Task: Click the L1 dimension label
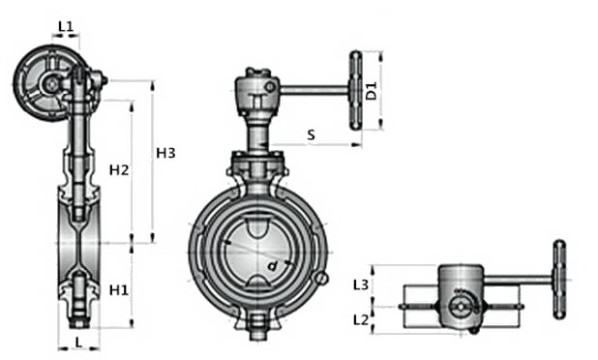tap(65, 27)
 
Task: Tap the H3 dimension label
tap(165, 153)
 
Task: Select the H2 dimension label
tap(119, 170)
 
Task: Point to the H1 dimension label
tap(119, 290)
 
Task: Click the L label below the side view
tap(78, 342)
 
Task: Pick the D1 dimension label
tap(371, 90)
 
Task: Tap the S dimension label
tap(312, 135)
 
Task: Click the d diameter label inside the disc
tap(272, 266)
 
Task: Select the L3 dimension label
tap(360, 285)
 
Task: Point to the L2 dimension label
tap(361, 319)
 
